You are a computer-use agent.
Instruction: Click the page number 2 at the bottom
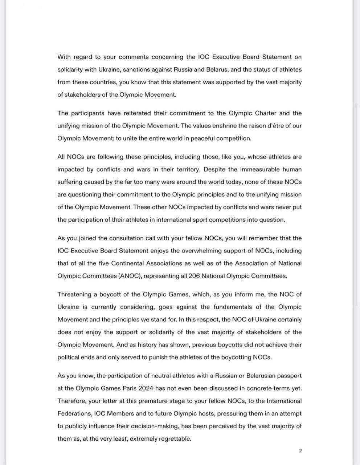click(300, 451)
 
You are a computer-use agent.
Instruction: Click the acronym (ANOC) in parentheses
click(129, 276)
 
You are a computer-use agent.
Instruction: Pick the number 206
click(195, 276)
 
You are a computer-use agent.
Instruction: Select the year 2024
click(145, 388)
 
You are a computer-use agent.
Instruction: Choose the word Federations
click(74, 413)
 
